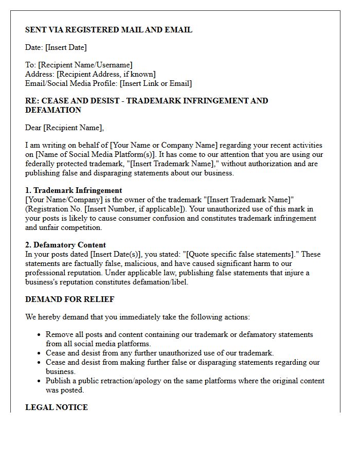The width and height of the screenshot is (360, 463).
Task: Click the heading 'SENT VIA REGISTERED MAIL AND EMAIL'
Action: point(109,30)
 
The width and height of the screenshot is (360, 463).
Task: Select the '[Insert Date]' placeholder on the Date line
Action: point(66,47)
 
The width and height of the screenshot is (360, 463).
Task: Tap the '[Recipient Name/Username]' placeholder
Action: point(85,65)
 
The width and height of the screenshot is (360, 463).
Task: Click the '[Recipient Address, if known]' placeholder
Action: point(106,74)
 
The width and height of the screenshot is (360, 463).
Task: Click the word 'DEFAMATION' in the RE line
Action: point(53,110)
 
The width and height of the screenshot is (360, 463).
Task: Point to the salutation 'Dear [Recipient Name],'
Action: point(64,128)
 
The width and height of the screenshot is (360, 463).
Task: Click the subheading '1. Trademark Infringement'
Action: point(74,190)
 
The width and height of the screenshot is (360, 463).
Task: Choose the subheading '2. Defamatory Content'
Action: point(65,245)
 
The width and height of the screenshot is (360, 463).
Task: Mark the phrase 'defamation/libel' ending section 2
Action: point(160,282)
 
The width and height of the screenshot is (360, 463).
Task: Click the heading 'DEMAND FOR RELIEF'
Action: point(69,299)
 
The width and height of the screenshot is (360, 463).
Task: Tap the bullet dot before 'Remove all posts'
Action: point(39,335)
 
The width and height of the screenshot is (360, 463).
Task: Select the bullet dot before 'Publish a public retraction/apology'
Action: point(39,381)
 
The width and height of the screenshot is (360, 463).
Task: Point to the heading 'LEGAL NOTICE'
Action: point(57,407)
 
